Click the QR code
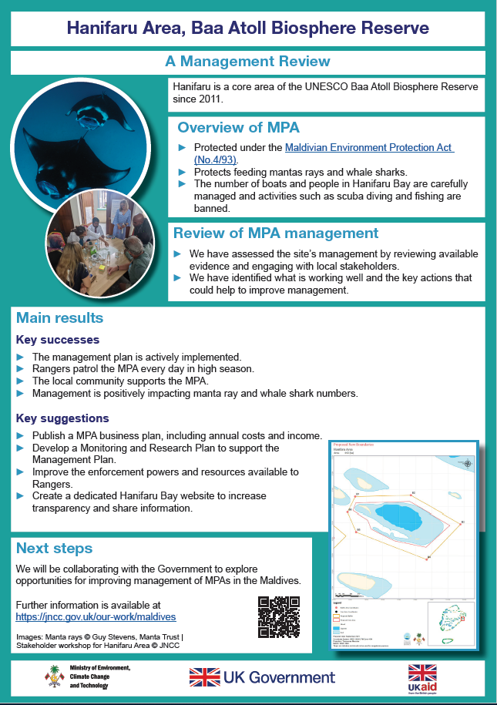(x=278, y=617)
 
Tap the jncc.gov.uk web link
(x=96, y=617)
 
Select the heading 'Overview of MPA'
(x=238, y=127)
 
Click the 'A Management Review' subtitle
(x=247, y=62)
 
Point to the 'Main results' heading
(x=59, y=318)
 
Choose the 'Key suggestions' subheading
(x=62, y=418)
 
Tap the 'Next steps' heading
(x=54, y=549)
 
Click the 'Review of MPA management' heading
(x=275, y=233)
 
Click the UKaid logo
(x=422, y=678)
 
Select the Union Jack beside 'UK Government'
(x=204, y=677)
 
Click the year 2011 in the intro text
(x=211, y=99)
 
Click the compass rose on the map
(x=467, y=463)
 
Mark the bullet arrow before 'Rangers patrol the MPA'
(x=21, y=369)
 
